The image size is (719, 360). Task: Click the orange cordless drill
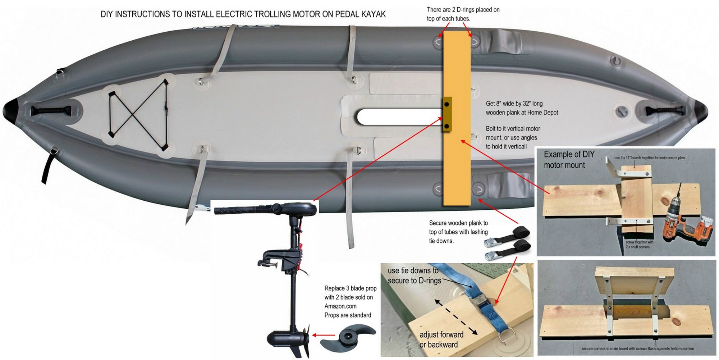pos(681,219)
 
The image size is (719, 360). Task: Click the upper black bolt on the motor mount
pos(446,104)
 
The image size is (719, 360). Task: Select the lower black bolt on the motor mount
pos(446,126)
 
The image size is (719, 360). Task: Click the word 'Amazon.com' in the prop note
pos(340,306)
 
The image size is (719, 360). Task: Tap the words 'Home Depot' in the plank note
pos(542,113)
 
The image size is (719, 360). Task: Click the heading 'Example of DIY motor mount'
pos(569,160)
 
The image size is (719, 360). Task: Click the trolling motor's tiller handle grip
pos(237,210)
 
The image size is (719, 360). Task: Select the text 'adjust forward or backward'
pos(441,340)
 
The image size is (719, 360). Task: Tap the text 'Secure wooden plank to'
pos(458,223)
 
